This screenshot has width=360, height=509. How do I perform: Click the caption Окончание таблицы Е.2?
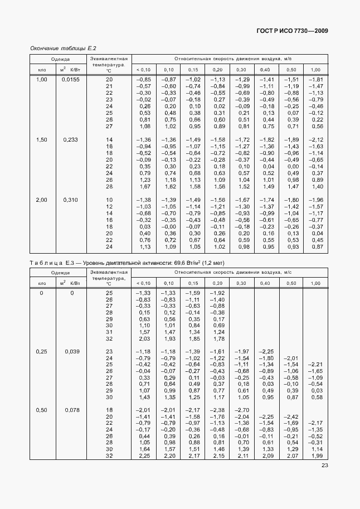[x=63, y=49]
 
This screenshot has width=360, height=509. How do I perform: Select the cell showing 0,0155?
[x=71, y=80]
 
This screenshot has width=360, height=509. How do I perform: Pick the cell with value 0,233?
[x=71, y=139]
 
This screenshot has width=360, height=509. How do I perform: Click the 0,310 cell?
[x=71, y=200]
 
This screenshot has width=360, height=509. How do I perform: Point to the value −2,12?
[x=316, y=139]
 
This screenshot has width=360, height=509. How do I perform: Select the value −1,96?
[x=316, y=200]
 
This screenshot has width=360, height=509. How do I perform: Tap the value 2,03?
[x=143, y=338]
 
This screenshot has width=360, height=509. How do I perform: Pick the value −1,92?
[x=217, y=293]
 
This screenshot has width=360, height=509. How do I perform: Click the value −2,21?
[x=316, y=365]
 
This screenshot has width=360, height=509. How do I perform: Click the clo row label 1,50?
[x=42, y=139]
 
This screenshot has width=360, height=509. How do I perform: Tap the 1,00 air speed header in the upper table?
[x=316, y=69]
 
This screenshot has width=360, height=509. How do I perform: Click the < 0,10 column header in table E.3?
[x=143, y=283]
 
